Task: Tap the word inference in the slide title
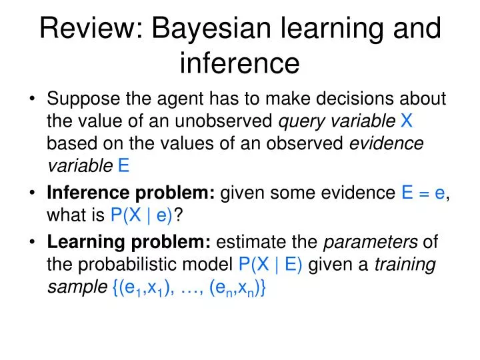point(240,63)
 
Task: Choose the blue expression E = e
point(423,194)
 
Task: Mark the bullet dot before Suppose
point(33,100)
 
